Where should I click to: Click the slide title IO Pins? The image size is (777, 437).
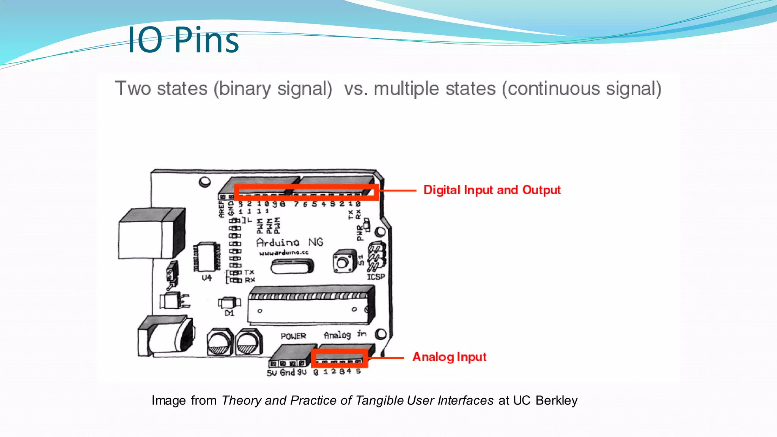pos(183,40)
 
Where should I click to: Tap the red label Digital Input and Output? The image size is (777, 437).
pos(492,190)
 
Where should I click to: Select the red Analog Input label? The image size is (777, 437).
pos(449,357)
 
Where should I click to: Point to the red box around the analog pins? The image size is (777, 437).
pos(339,358)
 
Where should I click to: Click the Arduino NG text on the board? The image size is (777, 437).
pos(289,242)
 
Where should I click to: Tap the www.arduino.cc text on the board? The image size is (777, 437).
pos(284,253)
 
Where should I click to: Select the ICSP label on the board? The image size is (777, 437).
pos(376,277)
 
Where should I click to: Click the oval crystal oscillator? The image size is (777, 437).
pos(292,266)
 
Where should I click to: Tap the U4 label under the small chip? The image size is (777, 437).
pos(207,278)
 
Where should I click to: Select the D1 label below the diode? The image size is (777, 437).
pos(230,313)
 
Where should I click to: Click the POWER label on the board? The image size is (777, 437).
pos(293,336)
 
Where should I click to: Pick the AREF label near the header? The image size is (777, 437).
pos(222,209)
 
